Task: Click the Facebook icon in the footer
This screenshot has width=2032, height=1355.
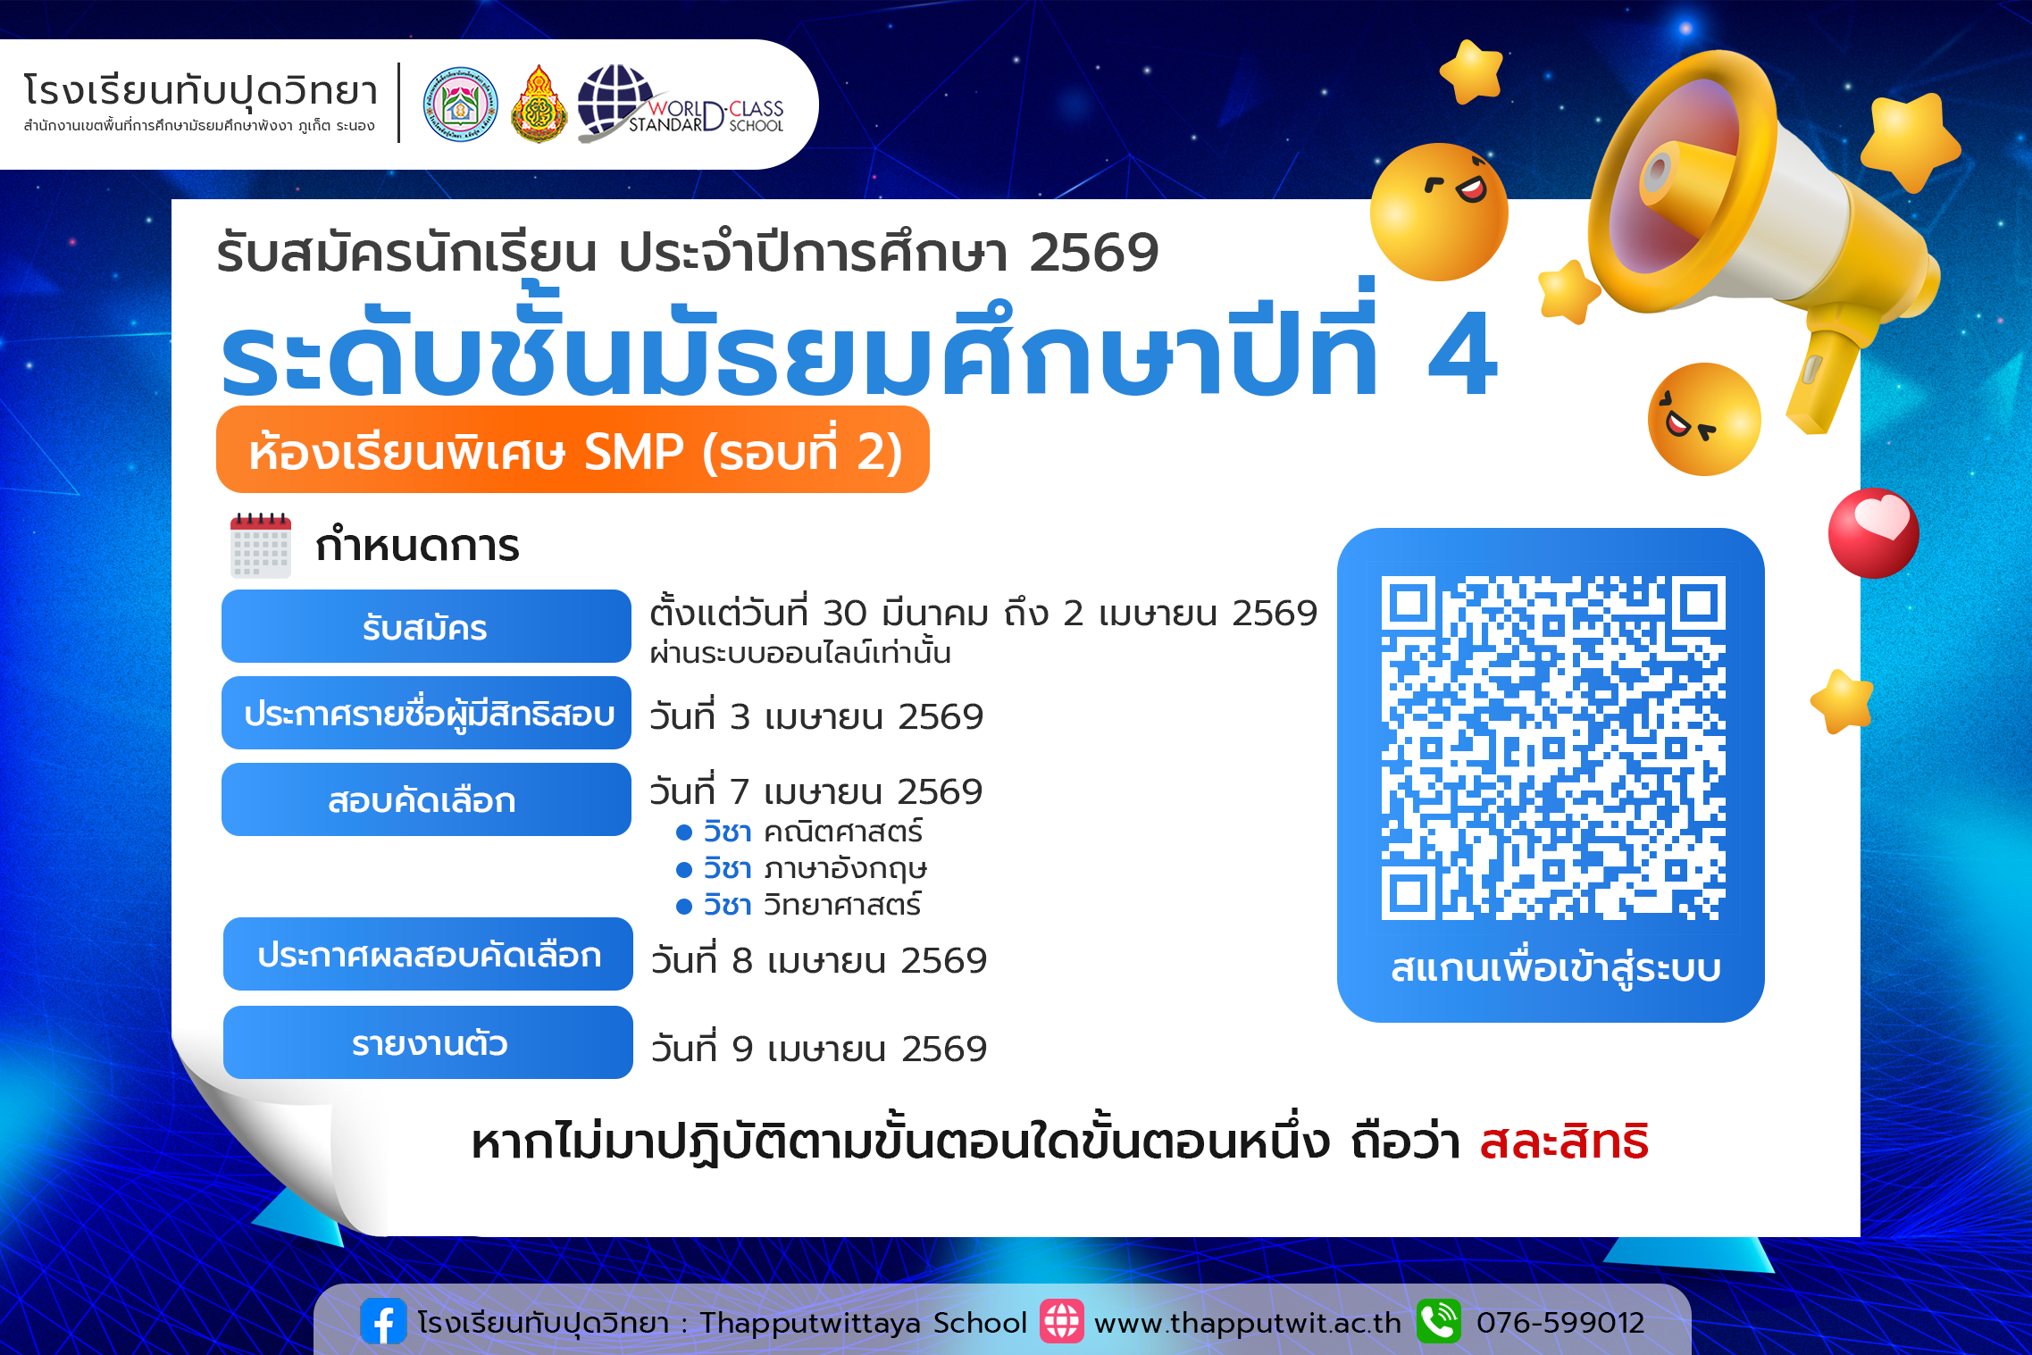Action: [x=383, y=1322]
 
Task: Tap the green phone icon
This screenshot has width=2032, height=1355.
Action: [x=1438, y=1322]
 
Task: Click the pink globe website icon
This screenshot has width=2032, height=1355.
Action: [x=1061, y=1322]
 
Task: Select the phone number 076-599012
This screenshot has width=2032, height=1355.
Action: [x=1560, y=1323]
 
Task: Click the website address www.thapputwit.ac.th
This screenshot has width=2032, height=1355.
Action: [x=1247, y=1323]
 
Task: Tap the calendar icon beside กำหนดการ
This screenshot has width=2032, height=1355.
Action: [x=260, y=546]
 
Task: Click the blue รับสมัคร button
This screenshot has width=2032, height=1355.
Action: [x=426, y=627]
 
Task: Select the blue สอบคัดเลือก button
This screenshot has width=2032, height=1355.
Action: [x=426, y=800]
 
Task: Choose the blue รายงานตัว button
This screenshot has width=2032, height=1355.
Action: [x=428, y=1042]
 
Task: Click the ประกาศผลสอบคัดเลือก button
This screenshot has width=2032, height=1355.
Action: [x=428, y=955]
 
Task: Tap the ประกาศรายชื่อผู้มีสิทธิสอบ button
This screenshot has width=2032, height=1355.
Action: [x=426, y=714]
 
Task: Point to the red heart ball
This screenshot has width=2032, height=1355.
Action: [x=1873, y=533]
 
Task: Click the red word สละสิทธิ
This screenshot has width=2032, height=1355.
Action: [x=1564, y=1142]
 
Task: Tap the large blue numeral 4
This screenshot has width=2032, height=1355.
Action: [x=1462, y=355]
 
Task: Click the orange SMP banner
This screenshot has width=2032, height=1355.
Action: [x=573, y=450]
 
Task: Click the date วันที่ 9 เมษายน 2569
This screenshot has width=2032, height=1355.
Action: [x=818, y=1049]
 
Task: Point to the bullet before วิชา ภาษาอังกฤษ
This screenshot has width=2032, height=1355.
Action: [x=684, y=869]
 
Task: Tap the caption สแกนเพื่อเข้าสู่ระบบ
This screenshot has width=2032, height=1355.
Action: [x=1555, y=969]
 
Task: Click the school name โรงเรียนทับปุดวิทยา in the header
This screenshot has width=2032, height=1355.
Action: [x=201, y=91]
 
